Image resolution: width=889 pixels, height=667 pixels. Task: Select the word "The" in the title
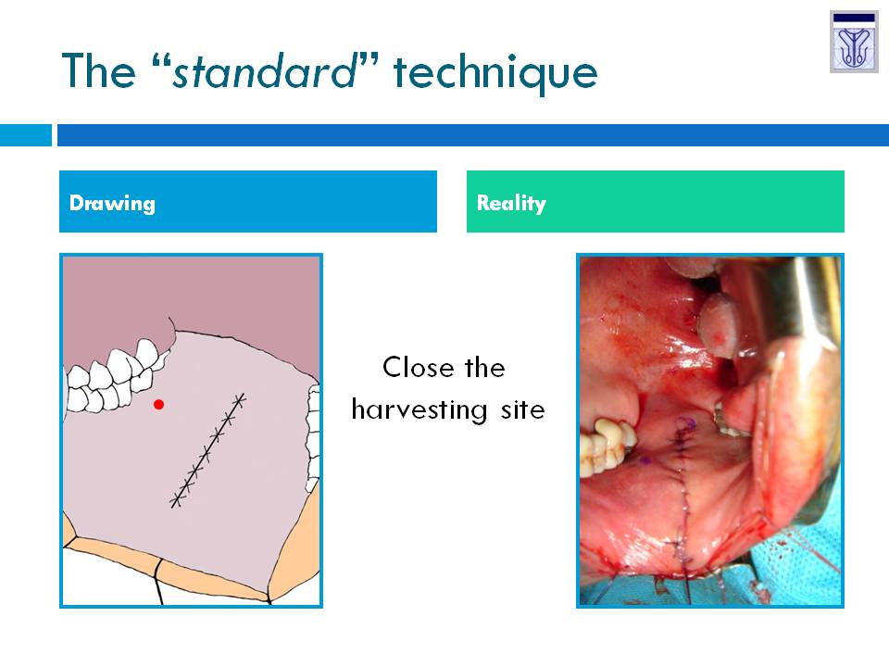pyautogui.click(x=99, y=71)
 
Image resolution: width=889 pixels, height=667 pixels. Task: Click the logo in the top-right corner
pyautogui.click(x=854, y=42)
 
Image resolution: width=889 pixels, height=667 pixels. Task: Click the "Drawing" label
pyautogui.click(x=112, y=203)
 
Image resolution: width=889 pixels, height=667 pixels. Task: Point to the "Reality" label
pyautogui.click(x=511, y=203)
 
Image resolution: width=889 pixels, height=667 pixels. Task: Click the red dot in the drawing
pyautogui.click(x=158, y=405)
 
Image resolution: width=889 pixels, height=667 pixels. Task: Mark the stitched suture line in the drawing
pyautogui.click(x=208, y=450)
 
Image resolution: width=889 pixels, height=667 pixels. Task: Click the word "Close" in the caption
pyautogui.click(x=419, y=367)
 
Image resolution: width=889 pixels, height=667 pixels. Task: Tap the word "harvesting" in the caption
pyautogui.click(x=419, y=409)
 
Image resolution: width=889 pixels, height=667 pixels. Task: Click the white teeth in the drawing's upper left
pyautogui.click(x=116, y=376)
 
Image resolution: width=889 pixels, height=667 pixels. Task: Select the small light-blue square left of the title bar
pyautogui.click(x=26, y=135)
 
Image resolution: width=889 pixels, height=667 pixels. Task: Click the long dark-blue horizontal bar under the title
pyautogui.click(x=473, y=135)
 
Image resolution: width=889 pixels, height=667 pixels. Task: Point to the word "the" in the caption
pyautogui.click(x=484, y=367)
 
